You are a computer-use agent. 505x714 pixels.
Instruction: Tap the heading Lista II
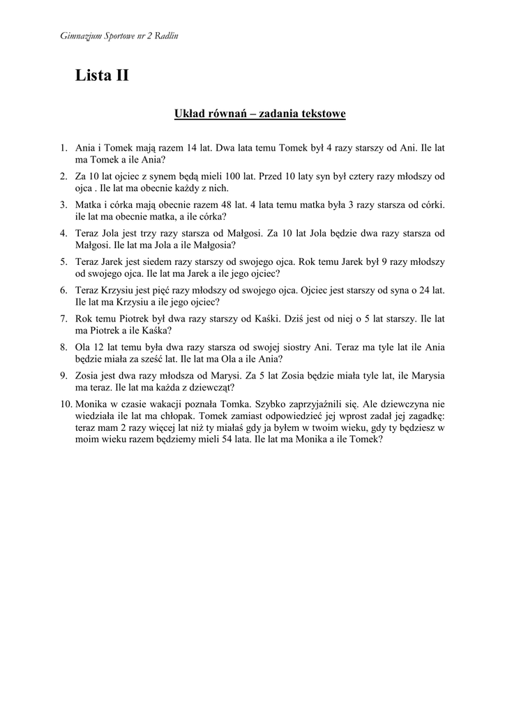[102, 76]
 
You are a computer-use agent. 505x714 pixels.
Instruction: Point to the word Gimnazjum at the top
[76, 36]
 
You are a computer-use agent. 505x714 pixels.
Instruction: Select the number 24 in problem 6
[426, 290]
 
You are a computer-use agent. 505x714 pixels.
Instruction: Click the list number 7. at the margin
[63, 319]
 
